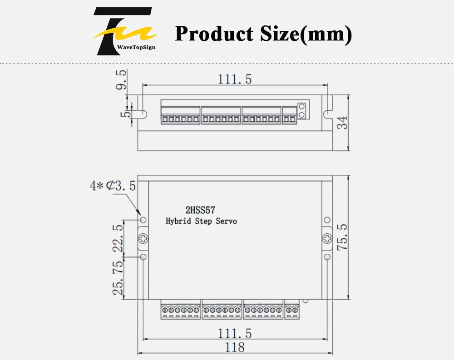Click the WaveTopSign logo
pos(124,31)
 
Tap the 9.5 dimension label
pos(121,79)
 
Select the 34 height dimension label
pos(342,123)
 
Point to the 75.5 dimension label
pos(342,237)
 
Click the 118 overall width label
pos(235,347)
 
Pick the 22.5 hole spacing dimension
pos(118,238)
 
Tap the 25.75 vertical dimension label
pos(118,278)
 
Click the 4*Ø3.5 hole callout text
pos(113,186)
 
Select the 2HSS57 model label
pos(200,210)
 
